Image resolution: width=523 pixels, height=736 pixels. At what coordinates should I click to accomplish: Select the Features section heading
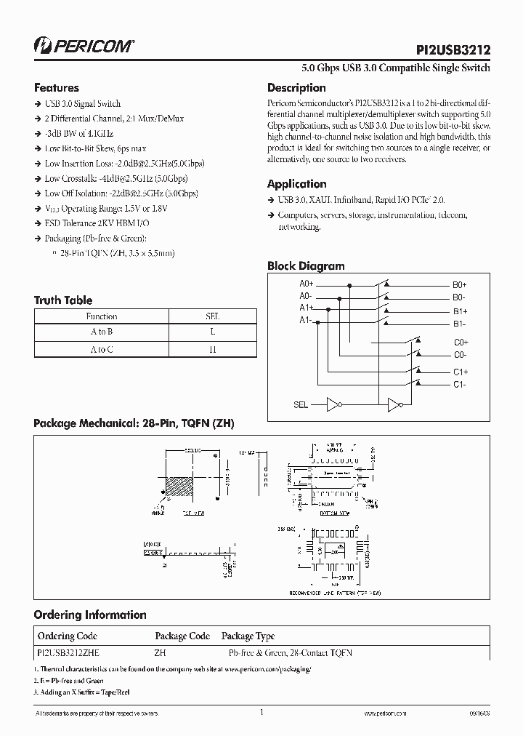[x=57, y=87]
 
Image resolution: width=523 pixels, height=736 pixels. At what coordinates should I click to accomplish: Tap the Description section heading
[x=296, y=88]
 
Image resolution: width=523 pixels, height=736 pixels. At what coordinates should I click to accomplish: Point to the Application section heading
[x=296, y=184]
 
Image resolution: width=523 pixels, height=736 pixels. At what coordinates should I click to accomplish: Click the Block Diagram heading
[x=306, y=266]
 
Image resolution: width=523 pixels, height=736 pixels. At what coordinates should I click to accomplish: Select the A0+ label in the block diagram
[x=306, y=284]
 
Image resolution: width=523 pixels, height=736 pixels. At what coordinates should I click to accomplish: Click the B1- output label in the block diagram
[x=459, y=324]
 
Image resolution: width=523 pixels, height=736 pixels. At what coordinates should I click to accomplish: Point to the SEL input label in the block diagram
[x=300, y=404]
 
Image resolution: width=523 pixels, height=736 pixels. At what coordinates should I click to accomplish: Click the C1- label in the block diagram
[x=460, y=384]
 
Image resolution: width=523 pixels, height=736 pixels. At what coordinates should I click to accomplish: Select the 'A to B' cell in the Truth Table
[x=102, y=332]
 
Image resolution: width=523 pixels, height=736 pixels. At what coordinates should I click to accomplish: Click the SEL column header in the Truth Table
[x=213, y=316]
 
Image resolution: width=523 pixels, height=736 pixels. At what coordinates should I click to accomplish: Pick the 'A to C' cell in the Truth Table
[x=102, y=349]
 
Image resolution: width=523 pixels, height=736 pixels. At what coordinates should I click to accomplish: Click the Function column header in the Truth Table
[x=102, y=316]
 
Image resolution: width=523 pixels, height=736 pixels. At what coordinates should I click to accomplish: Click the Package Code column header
[x=182, y=636]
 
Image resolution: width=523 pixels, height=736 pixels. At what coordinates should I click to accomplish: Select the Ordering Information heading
[x=90, y=615]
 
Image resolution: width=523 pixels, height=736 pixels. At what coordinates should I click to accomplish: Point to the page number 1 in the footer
[x=261, y=713]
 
